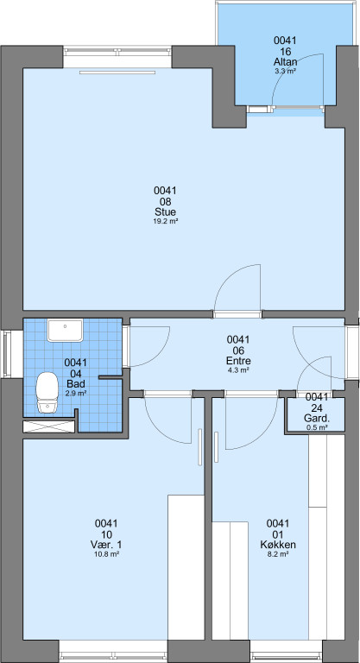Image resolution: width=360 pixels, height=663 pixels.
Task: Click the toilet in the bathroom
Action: click(47, 392)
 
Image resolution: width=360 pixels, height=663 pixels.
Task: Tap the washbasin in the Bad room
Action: click(65, 331)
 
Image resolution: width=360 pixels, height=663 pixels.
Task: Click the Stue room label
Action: click(165, 212)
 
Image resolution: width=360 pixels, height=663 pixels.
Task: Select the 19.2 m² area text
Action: click(165, 221)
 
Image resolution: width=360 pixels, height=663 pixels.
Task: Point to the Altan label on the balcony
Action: click(285, 62)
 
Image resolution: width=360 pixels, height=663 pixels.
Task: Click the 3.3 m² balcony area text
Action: click(285, 71)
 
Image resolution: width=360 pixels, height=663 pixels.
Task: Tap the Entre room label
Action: click(238, 361)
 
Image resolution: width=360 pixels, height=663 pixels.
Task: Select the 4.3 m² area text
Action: click(238, 370)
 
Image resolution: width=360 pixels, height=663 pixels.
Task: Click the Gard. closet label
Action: click(317, 419)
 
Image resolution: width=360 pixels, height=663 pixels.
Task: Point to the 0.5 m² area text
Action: click(317, 427)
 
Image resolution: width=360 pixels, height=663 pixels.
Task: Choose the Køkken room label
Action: click(278, 545)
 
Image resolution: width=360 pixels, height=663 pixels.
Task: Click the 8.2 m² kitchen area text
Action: click(278, 554)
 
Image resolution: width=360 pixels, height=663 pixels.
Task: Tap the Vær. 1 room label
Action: click(106, 545)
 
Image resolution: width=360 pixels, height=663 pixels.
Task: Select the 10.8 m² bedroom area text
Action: click(106, 554)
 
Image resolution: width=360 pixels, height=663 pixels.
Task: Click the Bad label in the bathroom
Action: click(76, 384)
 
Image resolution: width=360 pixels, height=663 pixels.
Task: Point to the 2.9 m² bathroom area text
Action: click(76, 394)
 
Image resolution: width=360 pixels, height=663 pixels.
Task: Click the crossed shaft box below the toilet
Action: click(48, 426)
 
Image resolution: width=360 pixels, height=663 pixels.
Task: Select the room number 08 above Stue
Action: click(165, 202)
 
